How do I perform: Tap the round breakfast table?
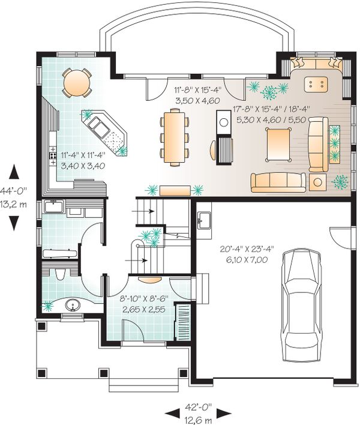[x=77, y=82]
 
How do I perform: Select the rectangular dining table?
[x=175, y=136]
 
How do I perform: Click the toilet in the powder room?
[x=60, y=274]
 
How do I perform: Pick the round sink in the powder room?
[x=73, y=306]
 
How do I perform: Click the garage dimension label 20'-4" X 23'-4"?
[x=247, y=249]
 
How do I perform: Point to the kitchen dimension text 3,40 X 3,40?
[x=83, y=166]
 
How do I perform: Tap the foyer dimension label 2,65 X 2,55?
[x=144, y=309]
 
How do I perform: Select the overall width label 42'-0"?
[x=198, y=407]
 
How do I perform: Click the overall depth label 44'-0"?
[x=13, y=191]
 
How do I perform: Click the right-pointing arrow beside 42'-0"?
[x=224, y=414]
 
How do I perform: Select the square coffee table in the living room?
[x=279, y=145]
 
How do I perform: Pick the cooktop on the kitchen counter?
[x=53, y=155]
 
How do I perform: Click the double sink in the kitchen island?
[x=98, y=127]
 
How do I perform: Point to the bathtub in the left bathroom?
[x=59, y=253]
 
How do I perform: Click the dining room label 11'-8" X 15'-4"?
[x=198, y=89]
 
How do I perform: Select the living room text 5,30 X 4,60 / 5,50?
[x=271, y=119]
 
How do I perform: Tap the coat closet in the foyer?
[x=183, y=322]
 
